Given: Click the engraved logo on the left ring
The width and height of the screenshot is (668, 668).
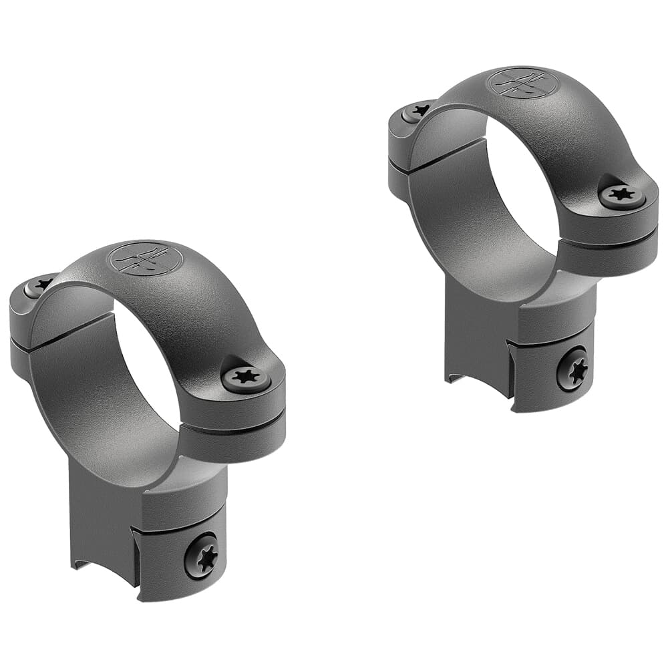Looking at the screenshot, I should tap(146, 258).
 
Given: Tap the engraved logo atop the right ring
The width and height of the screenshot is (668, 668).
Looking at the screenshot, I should tap(523, 83).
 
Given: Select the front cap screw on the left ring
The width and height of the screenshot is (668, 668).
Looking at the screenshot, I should tap(246, 379).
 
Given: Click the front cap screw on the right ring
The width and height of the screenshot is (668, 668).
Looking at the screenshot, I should tap(622, 196).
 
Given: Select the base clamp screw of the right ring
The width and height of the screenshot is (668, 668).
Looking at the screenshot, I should tap(572, 368).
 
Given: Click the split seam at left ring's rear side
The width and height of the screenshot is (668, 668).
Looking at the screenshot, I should tap(20, 340).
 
